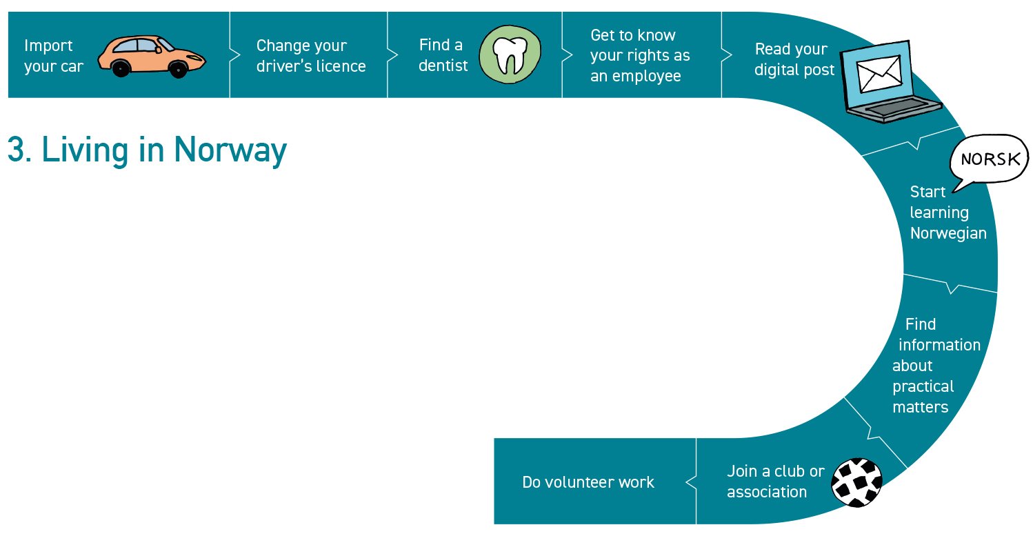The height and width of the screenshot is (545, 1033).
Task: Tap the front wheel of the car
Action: point(178,68)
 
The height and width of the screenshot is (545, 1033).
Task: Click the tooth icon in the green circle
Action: point(510,54)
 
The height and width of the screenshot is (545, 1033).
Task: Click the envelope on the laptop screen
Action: point(879,74)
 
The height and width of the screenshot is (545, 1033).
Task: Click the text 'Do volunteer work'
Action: point(588,482)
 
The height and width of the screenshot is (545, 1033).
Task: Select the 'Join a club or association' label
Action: point(775,482)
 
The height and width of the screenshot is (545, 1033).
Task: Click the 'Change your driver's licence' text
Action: point(311,56)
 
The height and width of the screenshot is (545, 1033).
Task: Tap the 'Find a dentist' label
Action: point(443,55)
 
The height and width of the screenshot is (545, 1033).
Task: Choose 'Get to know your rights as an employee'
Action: point(640,55)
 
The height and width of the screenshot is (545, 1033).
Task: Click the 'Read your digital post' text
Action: point(794,59)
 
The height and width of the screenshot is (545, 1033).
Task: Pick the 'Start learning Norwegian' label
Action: point(947,212)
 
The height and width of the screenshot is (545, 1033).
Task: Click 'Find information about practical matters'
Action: point(935,366)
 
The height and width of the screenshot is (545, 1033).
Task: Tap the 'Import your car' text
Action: point(54,56)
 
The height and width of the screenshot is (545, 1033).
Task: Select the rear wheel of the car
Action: point(121,68)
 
